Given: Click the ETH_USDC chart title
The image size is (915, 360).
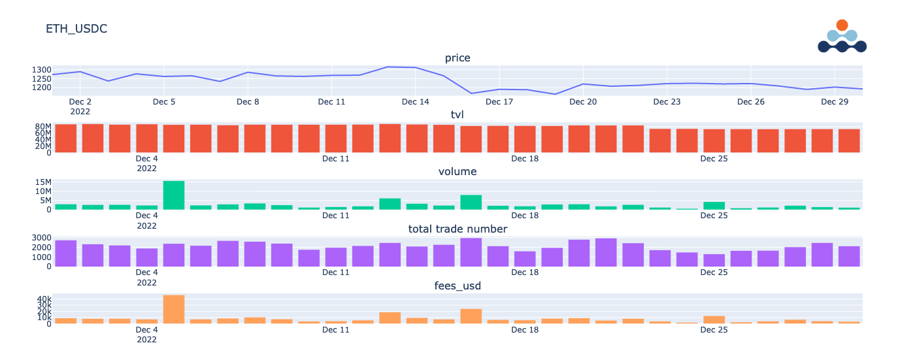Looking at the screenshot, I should click(76, 29).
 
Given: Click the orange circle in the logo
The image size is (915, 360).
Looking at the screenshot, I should click(842, 25).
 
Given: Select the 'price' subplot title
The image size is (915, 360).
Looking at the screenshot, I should click(457, 58).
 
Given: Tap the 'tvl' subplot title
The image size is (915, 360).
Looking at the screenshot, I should click(457, 115).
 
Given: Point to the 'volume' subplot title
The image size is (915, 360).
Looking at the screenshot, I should click(457, 172).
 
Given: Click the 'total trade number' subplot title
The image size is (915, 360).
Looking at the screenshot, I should click(457, 229).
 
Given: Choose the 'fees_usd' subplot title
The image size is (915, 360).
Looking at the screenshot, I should click(457, 286).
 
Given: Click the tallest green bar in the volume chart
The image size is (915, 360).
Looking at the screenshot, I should click(174, 195).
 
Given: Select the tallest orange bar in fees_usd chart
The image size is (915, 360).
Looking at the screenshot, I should click(174, 309).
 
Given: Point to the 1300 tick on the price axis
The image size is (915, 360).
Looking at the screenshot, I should click(41, 70).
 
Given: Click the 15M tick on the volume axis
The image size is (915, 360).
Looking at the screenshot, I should click(42, 182).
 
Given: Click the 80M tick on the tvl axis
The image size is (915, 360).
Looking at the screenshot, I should click(42, 127).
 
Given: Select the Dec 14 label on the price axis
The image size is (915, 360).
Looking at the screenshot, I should click(416, 102).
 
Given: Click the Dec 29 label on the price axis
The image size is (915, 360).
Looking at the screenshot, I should click(835, 102).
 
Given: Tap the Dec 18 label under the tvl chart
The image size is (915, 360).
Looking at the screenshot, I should click(524, 159).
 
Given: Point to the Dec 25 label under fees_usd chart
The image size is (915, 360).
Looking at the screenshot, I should click(714, 330).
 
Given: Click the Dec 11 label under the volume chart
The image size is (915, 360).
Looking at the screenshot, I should click(335, 216).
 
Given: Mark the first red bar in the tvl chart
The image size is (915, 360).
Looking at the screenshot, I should click(66, 139).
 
